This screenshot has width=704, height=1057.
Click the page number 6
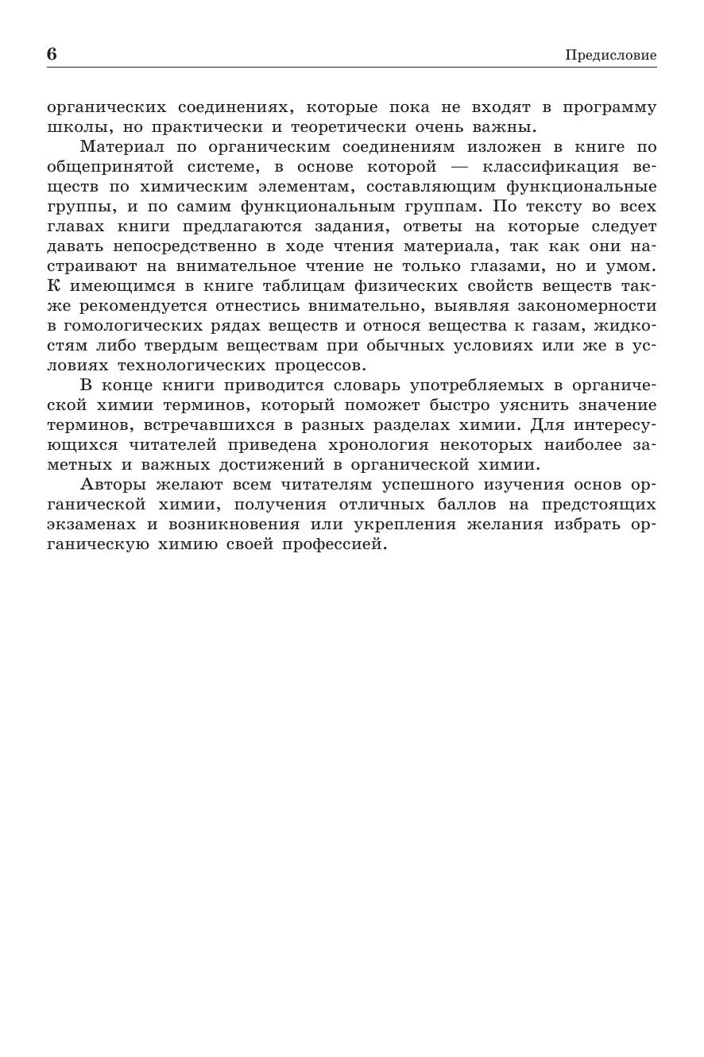click(52, 54)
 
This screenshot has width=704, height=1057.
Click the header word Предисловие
click(610, 55)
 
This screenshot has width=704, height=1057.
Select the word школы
click(70, 127)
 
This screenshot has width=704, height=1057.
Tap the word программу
click(609, 107)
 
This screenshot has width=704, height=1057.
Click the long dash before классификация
click(459, 167)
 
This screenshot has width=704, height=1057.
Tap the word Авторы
click(112, 485)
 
